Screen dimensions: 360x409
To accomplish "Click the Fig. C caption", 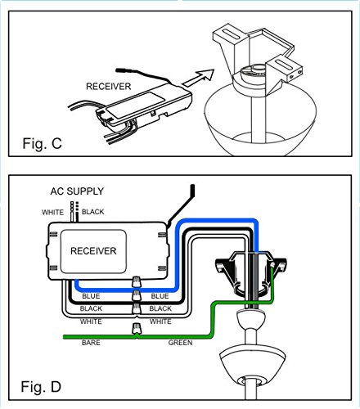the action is (42, 143).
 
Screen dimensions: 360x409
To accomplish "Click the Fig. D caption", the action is (41, 387).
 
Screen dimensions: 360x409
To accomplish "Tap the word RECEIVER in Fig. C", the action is (109, 87).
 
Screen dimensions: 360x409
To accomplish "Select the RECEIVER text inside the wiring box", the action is (93, 251).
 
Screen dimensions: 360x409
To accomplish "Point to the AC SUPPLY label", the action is (77, 191).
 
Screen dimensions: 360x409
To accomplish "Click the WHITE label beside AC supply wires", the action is (52, 212).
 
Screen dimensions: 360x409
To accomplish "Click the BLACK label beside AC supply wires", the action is (93, 212).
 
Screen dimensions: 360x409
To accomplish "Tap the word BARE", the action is (91, 343).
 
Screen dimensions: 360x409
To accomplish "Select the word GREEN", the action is (180, 343).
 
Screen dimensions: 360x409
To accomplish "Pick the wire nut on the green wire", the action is (137, 328).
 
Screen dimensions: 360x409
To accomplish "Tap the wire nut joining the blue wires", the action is (137, 282).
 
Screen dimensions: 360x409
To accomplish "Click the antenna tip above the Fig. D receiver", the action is (192, 187).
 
